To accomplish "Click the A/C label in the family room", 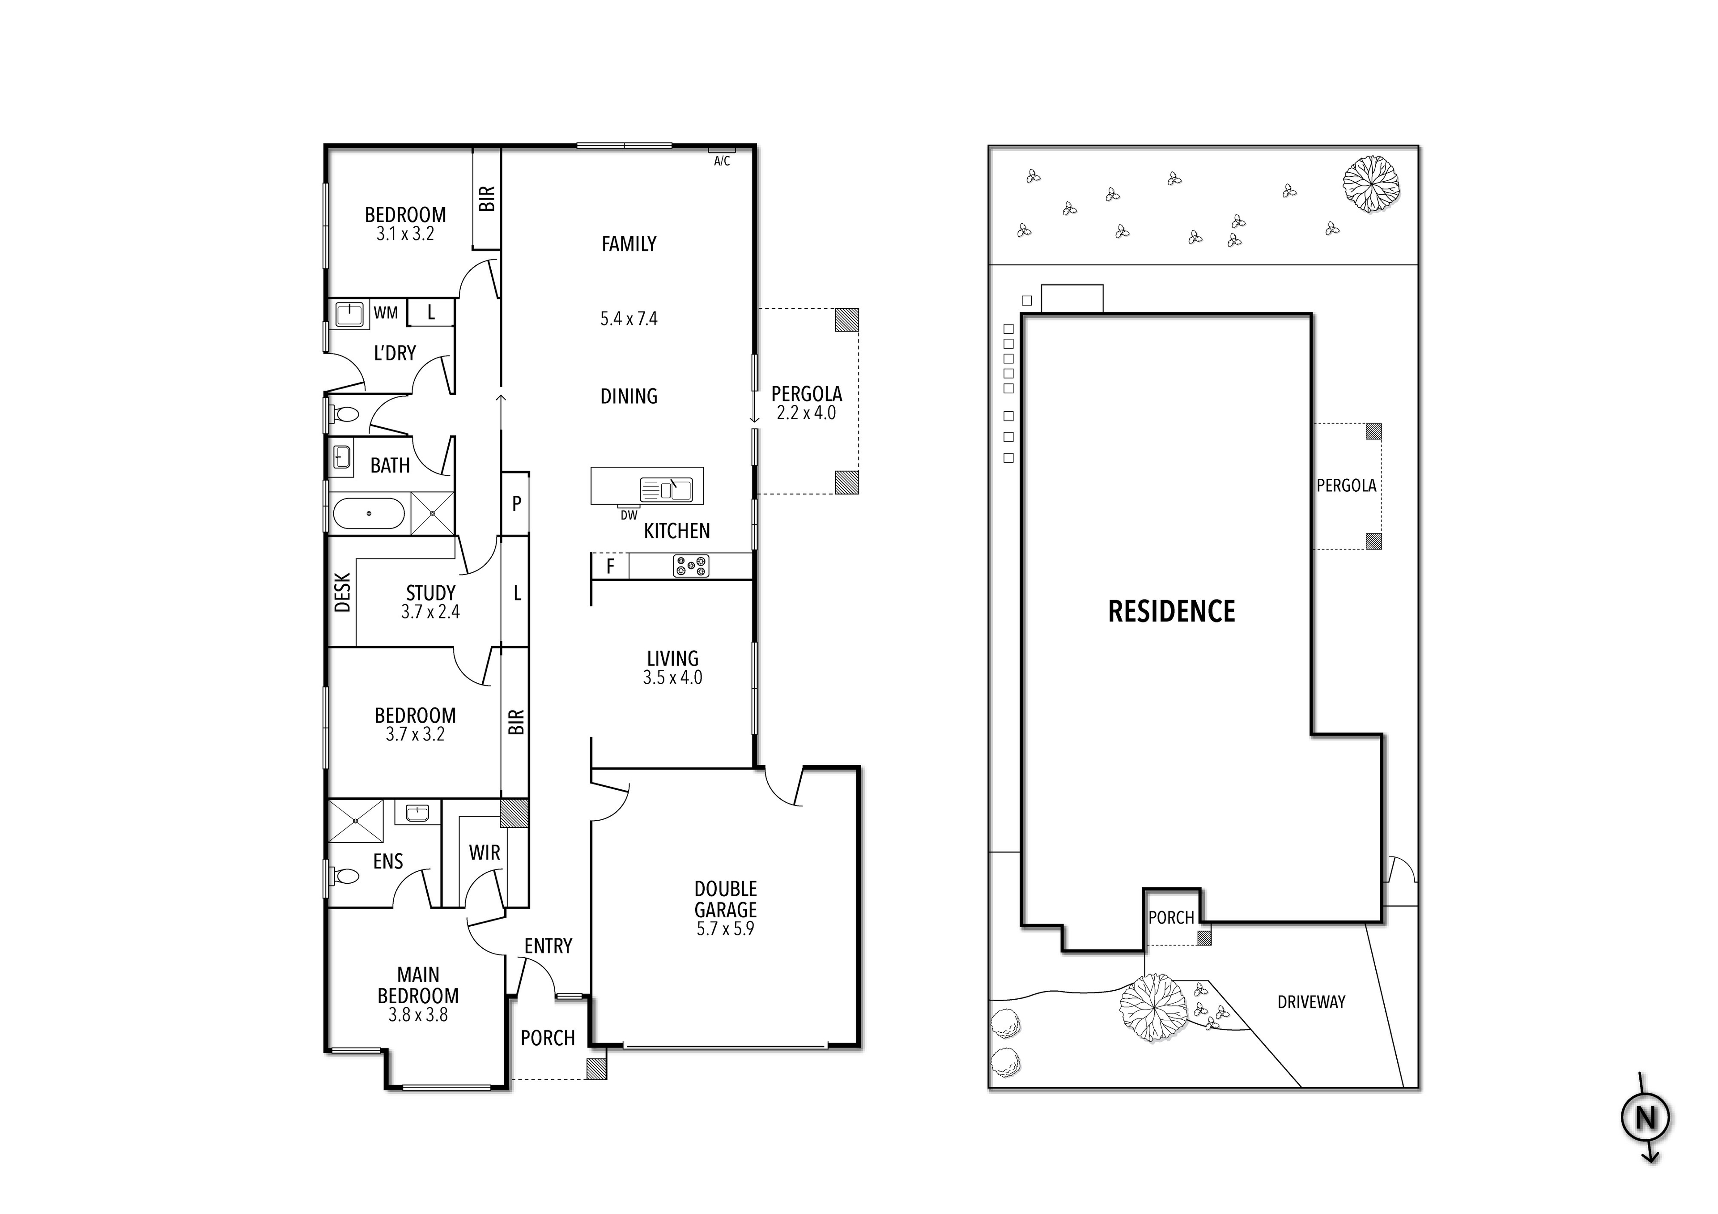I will click(x=721, y=161).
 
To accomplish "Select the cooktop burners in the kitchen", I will click(x=691, y=566).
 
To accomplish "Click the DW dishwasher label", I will click(x=629, y=515).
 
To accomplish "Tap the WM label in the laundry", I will click(x=386, y=313).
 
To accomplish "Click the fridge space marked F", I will click(x=610, y=567).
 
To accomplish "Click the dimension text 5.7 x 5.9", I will click(x=725, y=929).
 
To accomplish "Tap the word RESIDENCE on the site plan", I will click(x=1171, y=612).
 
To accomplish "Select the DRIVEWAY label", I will click(x=1311, y=1001).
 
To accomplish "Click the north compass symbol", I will click(x=1646, y=1117).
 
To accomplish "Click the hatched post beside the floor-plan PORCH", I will click(x=596, y=1069).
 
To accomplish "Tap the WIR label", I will click(x=484, y=852).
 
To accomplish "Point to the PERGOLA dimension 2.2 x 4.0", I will click(x=806, y=413).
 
